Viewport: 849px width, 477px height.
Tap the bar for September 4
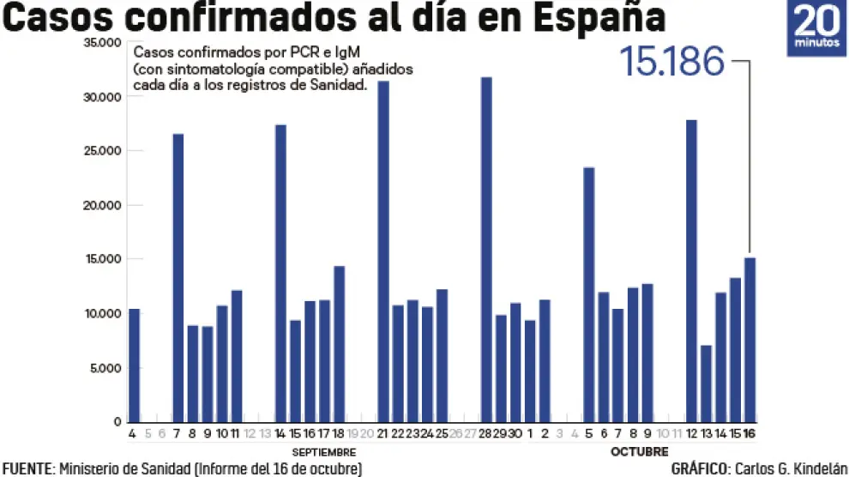pos(134,365)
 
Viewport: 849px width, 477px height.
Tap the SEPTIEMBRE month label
pos(324,451)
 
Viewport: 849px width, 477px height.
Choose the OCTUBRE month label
pos(639,451)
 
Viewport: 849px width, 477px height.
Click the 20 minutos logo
pos(816,28)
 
